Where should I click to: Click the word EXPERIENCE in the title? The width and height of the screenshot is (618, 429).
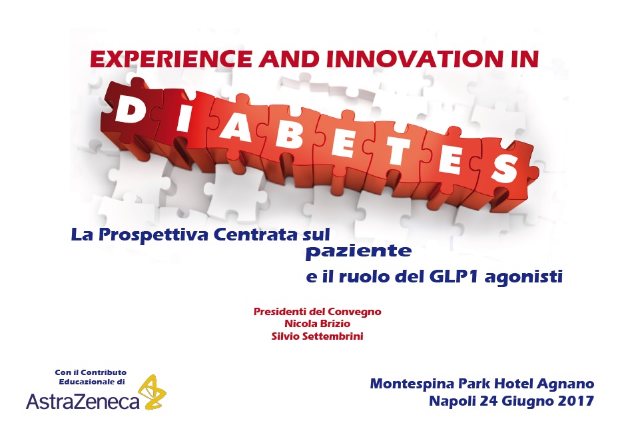[x=170, y=59]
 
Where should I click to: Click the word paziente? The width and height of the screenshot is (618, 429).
[x=359, y=251]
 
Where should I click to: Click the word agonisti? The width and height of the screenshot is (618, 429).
[x=523, y=277]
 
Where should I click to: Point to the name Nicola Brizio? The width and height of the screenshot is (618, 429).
[x=317, y=324]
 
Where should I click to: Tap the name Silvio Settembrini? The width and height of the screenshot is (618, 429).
[x=317, y=336]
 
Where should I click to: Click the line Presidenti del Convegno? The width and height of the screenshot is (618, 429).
[x=317, y=312]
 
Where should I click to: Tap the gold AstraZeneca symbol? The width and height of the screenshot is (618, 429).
[x=154, y=392]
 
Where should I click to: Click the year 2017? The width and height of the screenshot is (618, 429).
[x=576, y=401]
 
